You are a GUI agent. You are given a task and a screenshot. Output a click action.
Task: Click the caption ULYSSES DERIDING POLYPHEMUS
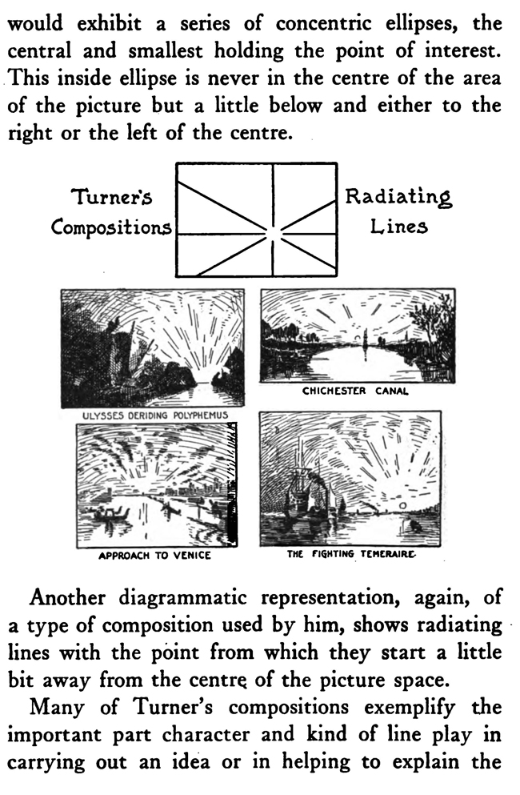click(x=155, y=416)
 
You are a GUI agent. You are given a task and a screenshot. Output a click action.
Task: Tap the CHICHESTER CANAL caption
click(x=355, y=391)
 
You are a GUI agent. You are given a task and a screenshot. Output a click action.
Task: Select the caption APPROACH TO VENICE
click(x=154, y=556)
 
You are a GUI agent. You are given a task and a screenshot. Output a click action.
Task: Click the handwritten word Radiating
click(x=398, y=197)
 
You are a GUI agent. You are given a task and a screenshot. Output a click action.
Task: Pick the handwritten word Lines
click(x=399, y=226)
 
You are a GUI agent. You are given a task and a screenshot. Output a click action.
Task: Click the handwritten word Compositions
click(x=111, y=227)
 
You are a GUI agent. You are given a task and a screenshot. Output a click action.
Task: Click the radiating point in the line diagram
click(x=273, y=234)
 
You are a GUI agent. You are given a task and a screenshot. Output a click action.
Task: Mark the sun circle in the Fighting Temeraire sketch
click(x=403, y=505)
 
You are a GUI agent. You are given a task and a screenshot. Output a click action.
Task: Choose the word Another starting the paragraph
click(x=67, y=598)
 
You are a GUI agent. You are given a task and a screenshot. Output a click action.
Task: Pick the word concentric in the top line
click(x=318, y=24)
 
